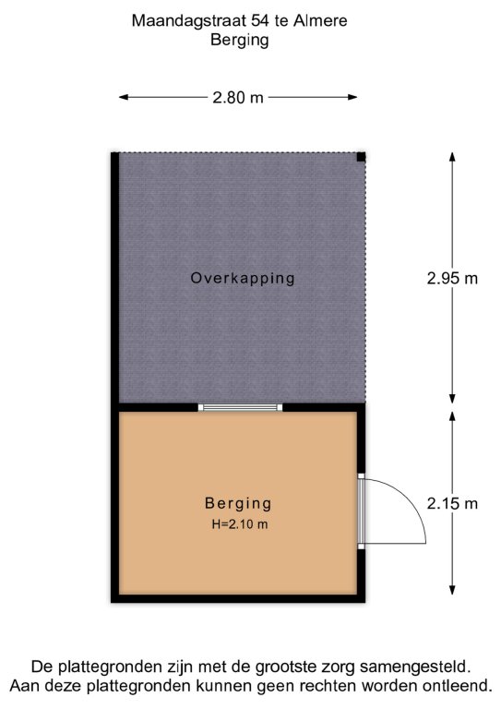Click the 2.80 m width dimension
[x=238, y=97]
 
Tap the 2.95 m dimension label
[x=452, y=278]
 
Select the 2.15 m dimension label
[x=452, y=503]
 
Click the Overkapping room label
[x=243, y=278]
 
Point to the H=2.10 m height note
[x=240, y=524]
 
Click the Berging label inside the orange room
[x=238, y=503]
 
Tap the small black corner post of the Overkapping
[x=361, y=157]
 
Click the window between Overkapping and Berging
[x=240, y=407]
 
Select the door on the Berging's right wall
[x=362, y=511]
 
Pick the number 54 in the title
[x=261, y=21]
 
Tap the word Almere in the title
[x=320, y=21]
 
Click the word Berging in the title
[x=240, y=40]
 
